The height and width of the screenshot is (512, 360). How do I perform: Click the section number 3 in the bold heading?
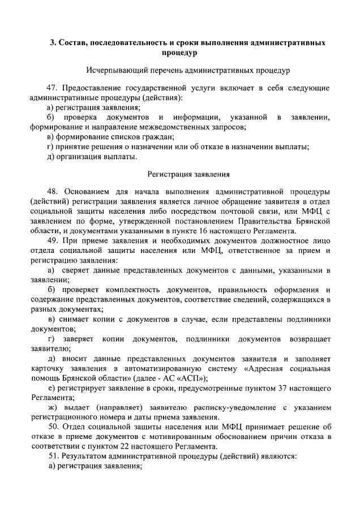coord(52,43)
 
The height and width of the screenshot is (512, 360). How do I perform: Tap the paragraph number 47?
coord(53,89)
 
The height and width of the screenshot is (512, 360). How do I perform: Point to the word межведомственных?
coord(181,127)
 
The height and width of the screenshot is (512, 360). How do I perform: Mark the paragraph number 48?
coord(53,192)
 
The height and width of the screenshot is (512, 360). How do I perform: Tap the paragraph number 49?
coord(53,240)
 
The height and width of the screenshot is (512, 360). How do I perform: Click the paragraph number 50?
coord(53,427)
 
